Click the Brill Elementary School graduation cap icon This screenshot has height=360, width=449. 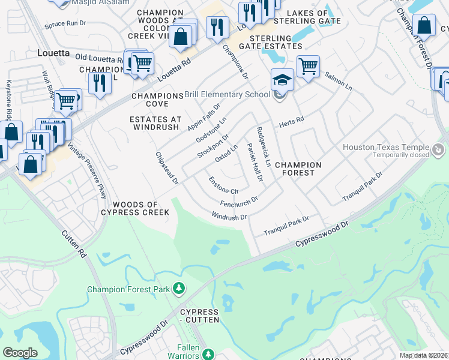pyautogui.click(x=282, y=79)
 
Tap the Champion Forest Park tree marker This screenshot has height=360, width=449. pyautogui.click(x=178, y=289)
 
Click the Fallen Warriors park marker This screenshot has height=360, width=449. pyautogui.click(x=208, y=354)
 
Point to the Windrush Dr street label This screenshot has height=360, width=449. pyautogui.click(x=229, y=215)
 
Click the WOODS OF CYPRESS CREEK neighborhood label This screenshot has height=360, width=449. pyautogui.click(x=143, y=208)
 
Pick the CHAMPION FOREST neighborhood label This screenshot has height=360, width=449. pyautogui.click(x=298, y=169)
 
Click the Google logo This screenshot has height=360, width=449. pyautogui.click(x=20, y=353)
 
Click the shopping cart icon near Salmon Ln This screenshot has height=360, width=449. pyautogui.click(x=308, y=66)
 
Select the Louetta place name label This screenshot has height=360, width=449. pyautogui.click(x=53, y=52)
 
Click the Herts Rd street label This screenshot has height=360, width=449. pyautogui.click(x=291, y=122)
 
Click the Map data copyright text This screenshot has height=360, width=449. pyautogui.click(x=423, y=355)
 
